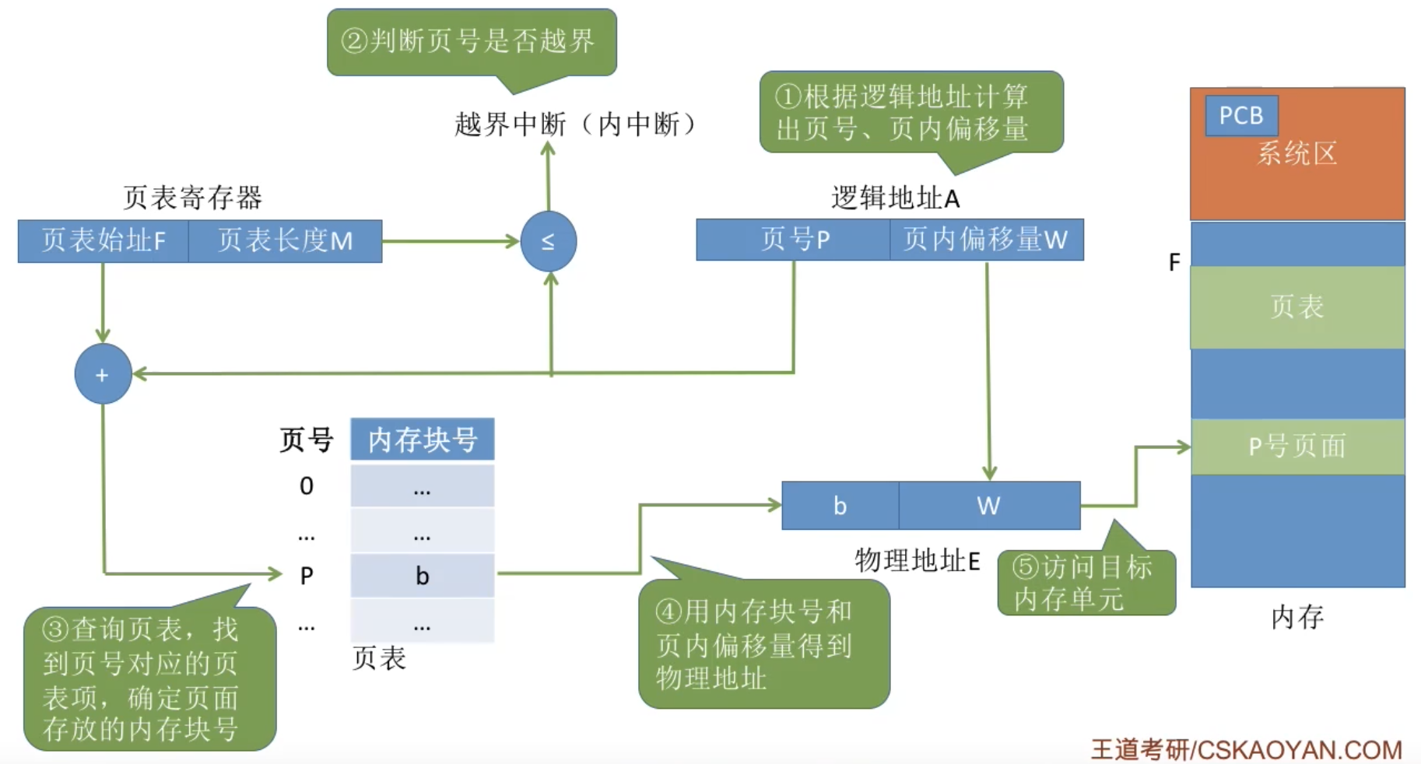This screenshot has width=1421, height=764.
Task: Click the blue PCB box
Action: [1240, 116]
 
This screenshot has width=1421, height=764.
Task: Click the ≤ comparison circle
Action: [548, 242]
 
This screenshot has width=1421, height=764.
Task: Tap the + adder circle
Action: [103, 374]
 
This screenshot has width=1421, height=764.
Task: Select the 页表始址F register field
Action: [103, 241]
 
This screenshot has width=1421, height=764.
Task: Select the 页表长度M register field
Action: [285, 241]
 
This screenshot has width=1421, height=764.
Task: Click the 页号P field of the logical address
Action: [794, 240]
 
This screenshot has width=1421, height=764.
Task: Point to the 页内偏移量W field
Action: [986, 240]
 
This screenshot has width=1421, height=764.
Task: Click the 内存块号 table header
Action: [422, 440]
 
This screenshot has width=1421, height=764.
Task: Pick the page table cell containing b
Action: [422, 576]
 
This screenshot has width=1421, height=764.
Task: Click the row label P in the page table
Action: [307, 576]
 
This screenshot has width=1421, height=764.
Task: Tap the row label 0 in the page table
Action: [307, 486]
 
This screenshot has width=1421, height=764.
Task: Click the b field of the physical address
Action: [840, 506]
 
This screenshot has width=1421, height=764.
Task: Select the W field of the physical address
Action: [988, 506]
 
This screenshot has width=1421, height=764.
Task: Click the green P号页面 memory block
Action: [1297, 447]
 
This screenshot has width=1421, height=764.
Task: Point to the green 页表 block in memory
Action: [1297, 307]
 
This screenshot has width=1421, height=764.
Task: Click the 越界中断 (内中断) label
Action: [576, 124]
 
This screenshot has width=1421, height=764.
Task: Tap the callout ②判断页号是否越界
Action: [472, 41]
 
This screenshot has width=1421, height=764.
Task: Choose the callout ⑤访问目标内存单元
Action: [1086, 583]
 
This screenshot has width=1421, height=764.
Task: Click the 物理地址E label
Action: [917, 560]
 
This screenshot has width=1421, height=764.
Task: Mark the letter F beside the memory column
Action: [1174, 262]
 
